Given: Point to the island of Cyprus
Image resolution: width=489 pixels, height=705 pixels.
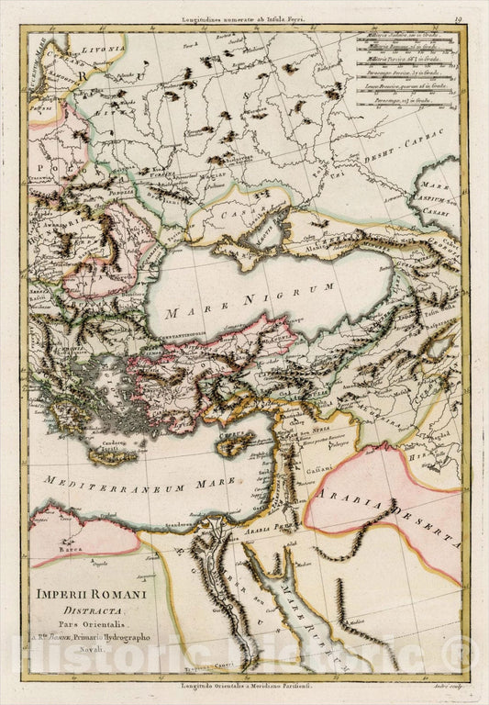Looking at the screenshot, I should point(239,442).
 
